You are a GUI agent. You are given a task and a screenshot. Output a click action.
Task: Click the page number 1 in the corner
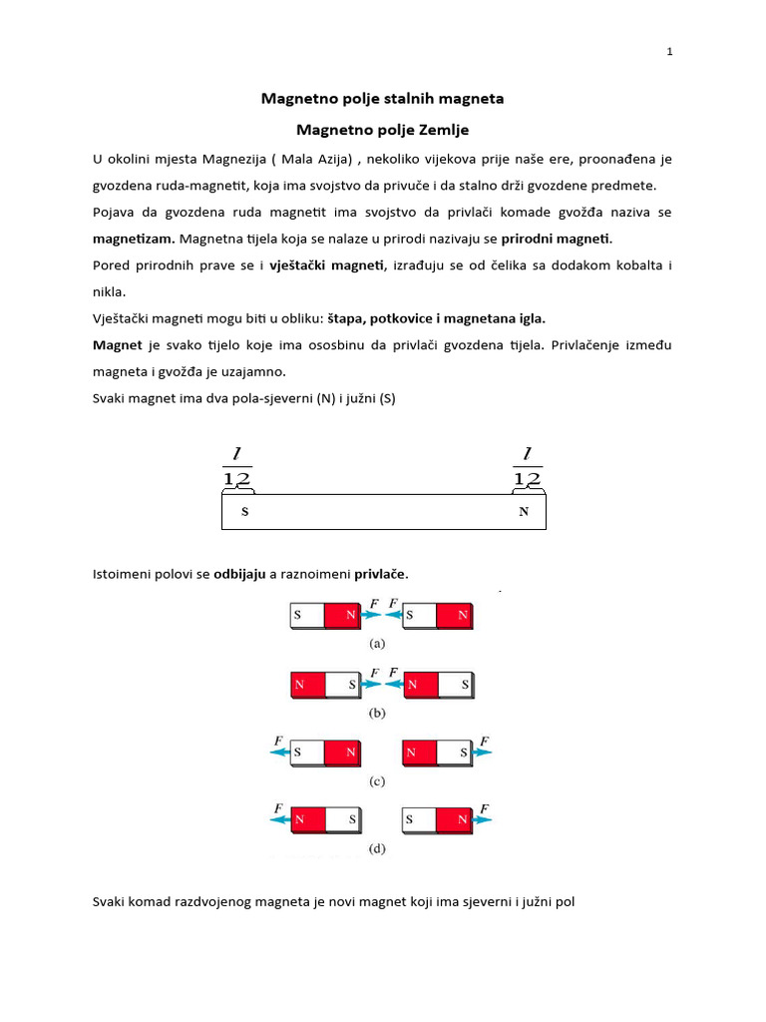tap(669, 53)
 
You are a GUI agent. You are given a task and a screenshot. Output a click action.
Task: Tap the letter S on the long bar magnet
tap(244, 512)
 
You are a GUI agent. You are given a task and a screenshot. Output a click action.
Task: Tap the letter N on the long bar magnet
tap(523, 512)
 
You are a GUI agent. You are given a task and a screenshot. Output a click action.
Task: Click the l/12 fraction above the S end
tap(236, 467)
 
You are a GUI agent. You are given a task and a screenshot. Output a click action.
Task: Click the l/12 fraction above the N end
tap(527, 467)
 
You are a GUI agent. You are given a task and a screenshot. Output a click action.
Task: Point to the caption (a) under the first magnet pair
tap(377, 644)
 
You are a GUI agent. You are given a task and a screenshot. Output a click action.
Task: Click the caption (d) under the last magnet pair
tap(377, 849)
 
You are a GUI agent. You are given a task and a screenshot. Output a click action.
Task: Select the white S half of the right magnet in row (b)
tap(456, 686)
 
